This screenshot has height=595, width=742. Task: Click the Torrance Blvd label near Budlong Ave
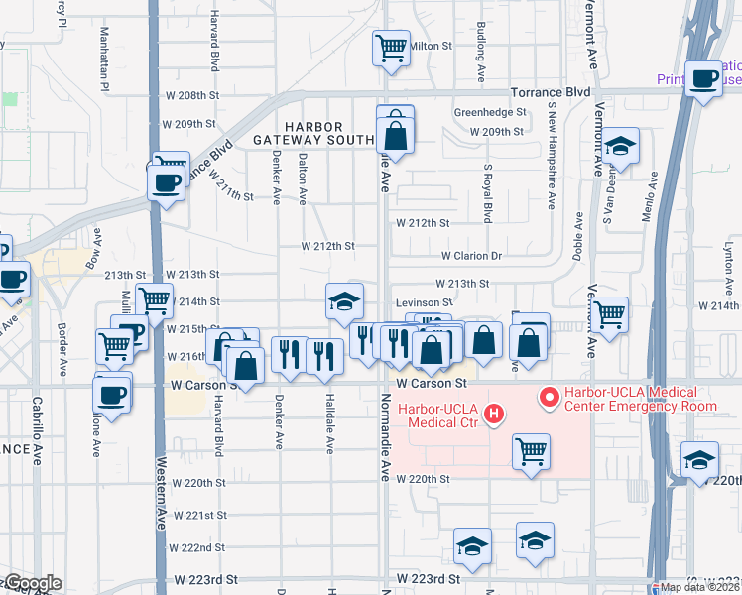pyautogui.click(x=551, y=91)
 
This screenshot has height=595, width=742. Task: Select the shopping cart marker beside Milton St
pyautogui.click(x=391, y=47)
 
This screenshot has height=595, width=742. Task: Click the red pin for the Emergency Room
pyautogui.click(x=547, y=399)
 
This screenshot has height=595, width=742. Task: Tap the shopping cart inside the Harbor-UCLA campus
pyautogui.click(x=531, y=450)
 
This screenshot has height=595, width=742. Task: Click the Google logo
pyautogui.click(x=31, y=583)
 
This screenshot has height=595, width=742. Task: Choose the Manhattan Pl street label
pyautogui.click(x=103, y=59)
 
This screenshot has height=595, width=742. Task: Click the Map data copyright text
pyautogui.click(x=700, y=587)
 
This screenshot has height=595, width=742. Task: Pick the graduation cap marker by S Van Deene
pyautogui.click(x=621, y=146)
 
